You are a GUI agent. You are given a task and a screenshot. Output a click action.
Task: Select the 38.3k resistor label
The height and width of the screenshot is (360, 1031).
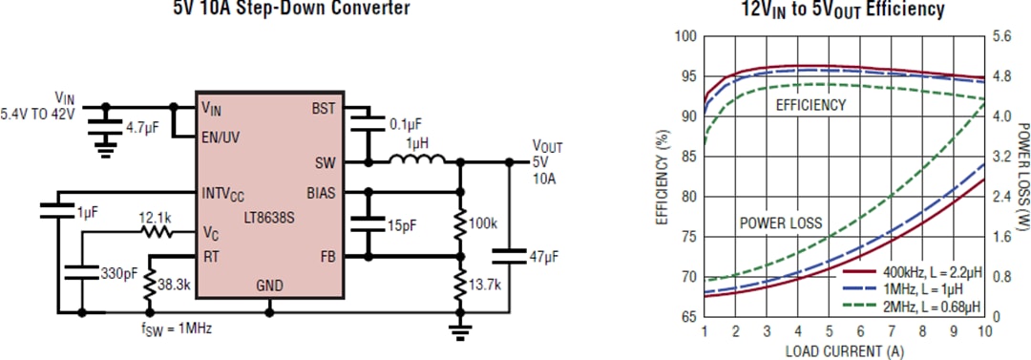(x=176, y=285)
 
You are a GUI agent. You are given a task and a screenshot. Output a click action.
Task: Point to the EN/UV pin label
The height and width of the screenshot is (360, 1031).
(x=221, y=137)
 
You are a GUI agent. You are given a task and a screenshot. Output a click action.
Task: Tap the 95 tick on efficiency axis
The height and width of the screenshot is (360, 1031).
(x=684, y=76)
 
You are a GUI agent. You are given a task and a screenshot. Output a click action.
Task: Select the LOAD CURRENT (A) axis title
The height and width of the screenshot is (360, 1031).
(x=845, y=349)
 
